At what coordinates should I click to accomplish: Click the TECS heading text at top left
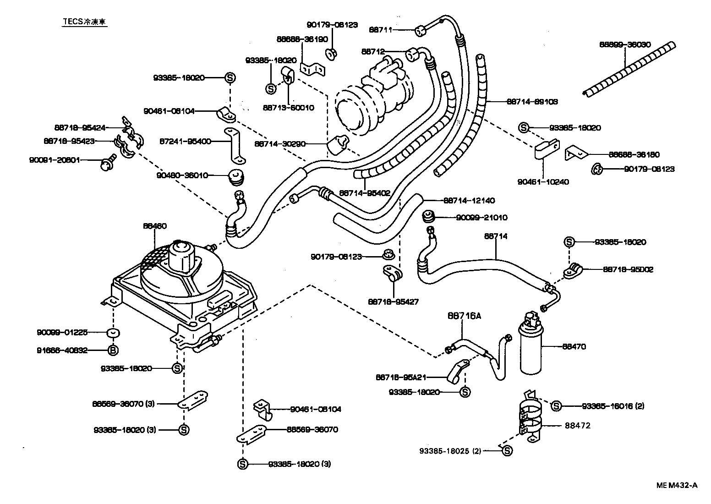pyautogui.click(x=85, y=22)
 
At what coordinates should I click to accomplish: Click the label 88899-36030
pyautogui.click(x=625, y=44)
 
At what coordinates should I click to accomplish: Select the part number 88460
pyautogui.click(x=154, y=226)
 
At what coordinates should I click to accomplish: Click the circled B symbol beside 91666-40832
pyautogui.click(x=113, y=351)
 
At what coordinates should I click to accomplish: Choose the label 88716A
pyautogui.click(x=462, y=316)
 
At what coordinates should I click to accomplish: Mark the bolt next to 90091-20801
pyautogui.click(x=109, y=163)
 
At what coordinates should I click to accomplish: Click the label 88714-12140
pyautogui.click(x=469, y=200)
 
